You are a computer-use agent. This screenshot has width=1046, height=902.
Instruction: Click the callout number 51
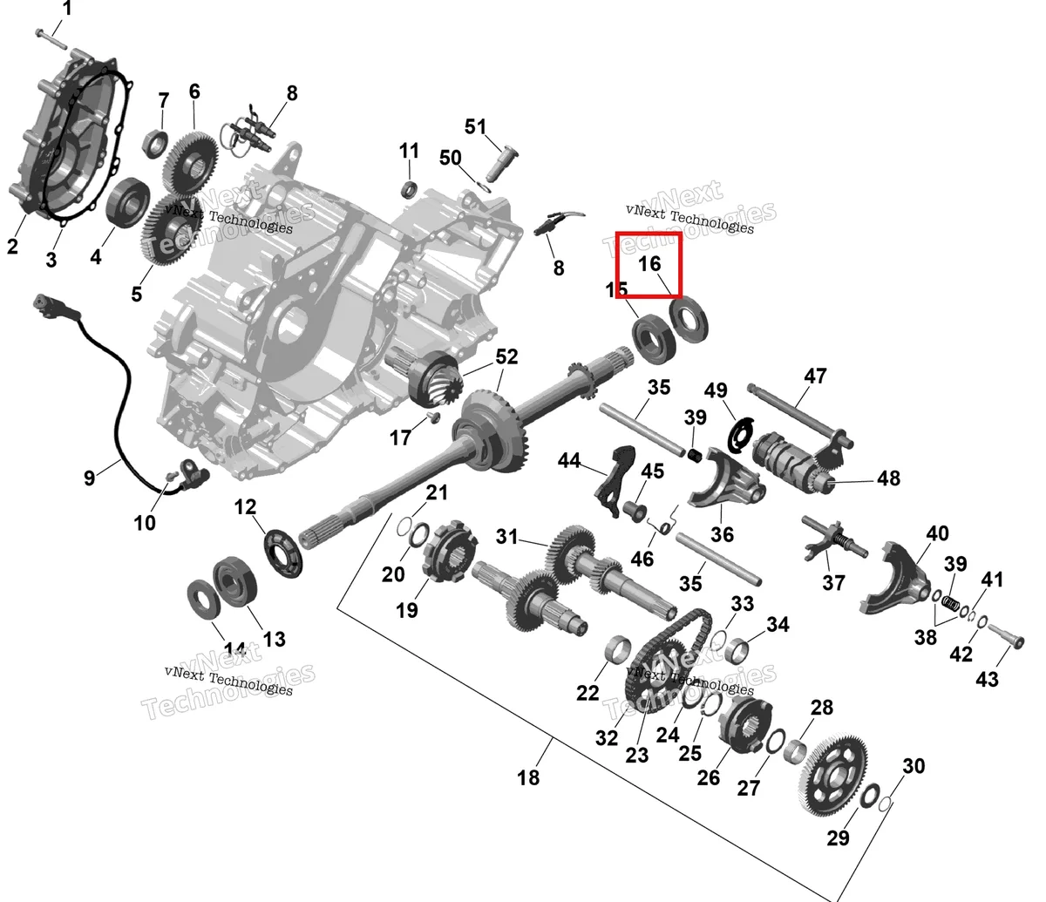[475, 127]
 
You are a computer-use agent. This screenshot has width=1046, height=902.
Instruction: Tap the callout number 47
[815, 376]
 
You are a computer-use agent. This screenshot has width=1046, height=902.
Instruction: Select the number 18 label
[528, 777]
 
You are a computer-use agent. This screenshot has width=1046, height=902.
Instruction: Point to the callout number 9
[89, 478]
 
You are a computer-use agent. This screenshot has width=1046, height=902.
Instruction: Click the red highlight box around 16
[649, 265]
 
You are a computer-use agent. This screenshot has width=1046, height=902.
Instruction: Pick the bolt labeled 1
[51, 40]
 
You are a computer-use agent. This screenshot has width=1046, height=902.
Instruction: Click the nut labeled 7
[157, 143]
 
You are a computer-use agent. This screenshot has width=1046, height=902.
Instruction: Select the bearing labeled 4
[128, 202]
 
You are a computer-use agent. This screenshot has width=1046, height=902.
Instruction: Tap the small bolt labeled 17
[434, 416]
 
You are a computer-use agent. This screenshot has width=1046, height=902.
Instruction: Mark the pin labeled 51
[501, 164]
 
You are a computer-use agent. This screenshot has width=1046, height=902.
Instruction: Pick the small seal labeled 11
[409, 189]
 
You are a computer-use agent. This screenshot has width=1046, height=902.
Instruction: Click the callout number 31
[506, 536]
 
